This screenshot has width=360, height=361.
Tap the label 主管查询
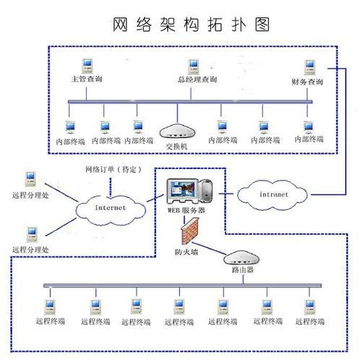[87, 79]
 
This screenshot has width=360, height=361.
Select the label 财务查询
[307, 82]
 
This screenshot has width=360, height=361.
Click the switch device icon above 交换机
[177, 130]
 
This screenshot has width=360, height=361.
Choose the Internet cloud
[109, 207]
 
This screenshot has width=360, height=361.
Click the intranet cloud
[273, 194]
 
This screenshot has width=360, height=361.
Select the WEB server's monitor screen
[181, 191]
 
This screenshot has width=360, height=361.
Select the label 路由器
[241, 269]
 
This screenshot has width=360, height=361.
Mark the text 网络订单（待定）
[113, 170]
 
